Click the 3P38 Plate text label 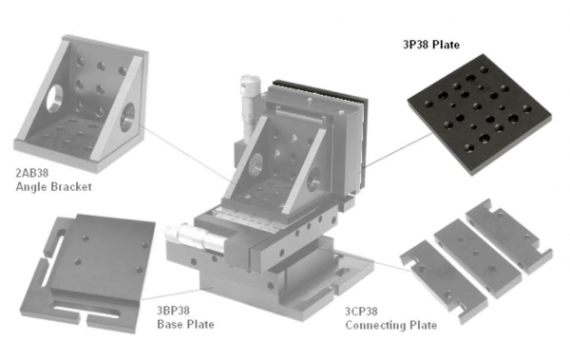(431, 45)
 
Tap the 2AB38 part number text (32, 173)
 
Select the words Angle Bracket (53, 187)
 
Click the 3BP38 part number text (173, 311)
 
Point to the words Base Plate (185, 324)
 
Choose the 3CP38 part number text (361, 312)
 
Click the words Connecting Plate (391, 325)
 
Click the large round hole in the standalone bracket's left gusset (54, 99)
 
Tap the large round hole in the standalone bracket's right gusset (127, 117)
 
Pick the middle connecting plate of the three (477, 257)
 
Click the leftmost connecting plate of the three (444, 281)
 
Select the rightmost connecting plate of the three (509, 236)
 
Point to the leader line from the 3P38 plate (399, 150)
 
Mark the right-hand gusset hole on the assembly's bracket (313, 179)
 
